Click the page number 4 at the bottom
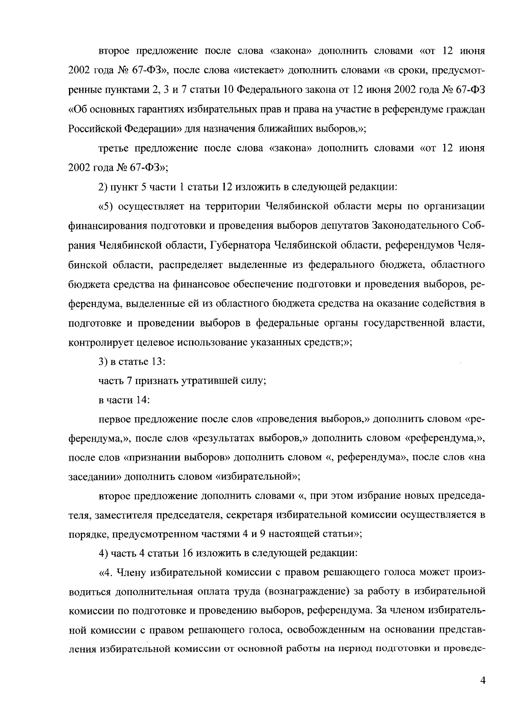pyautogui.click(x=482, y=681)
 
